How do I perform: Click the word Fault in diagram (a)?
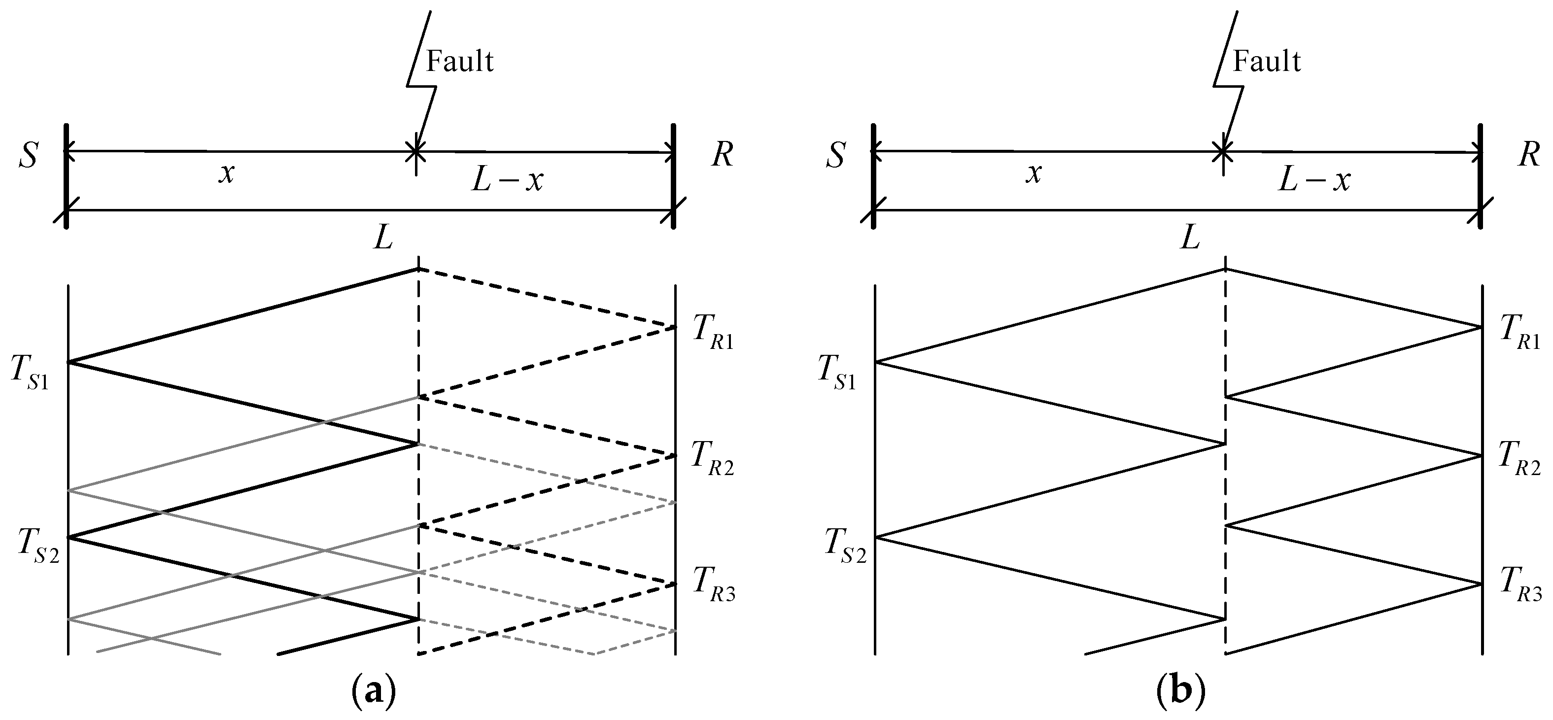pos(460,62)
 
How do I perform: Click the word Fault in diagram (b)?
pos(1267,62)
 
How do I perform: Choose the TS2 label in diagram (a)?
pos(38,546)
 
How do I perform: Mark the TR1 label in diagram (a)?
pos(713,334)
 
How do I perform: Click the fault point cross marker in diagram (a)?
pos(416,151)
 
